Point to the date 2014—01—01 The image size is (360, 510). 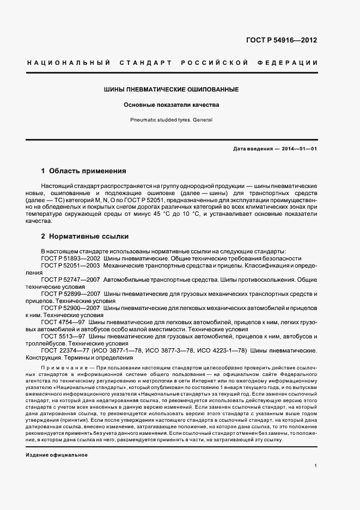pyautogui.click(x=299, y=149)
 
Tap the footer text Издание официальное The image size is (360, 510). pyautogui.click(x=57, y=454)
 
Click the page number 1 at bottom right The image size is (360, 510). pyautogui.click(x=316, y=466)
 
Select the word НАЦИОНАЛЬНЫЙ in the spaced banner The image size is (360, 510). pyautogui.click(x=69, y=63)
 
